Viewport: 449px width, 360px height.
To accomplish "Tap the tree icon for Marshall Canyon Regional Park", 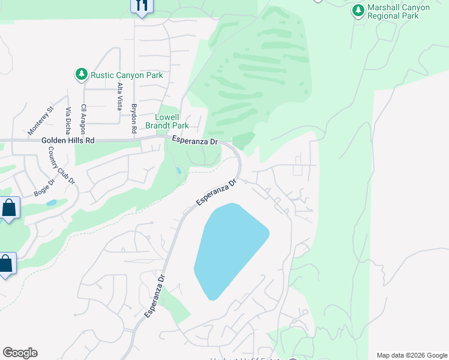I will pos(358,10).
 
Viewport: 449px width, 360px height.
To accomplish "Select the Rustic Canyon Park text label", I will pos(127,75).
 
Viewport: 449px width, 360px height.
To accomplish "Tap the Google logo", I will pos(20,353).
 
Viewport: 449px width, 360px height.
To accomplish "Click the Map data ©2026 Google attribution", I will pos(412,355).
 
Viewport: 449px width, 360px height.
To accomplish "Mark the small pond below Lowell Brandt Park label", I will pos(179,171).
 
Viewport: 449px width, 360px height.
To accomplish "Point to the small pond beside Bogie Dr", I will pos(51,203).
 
